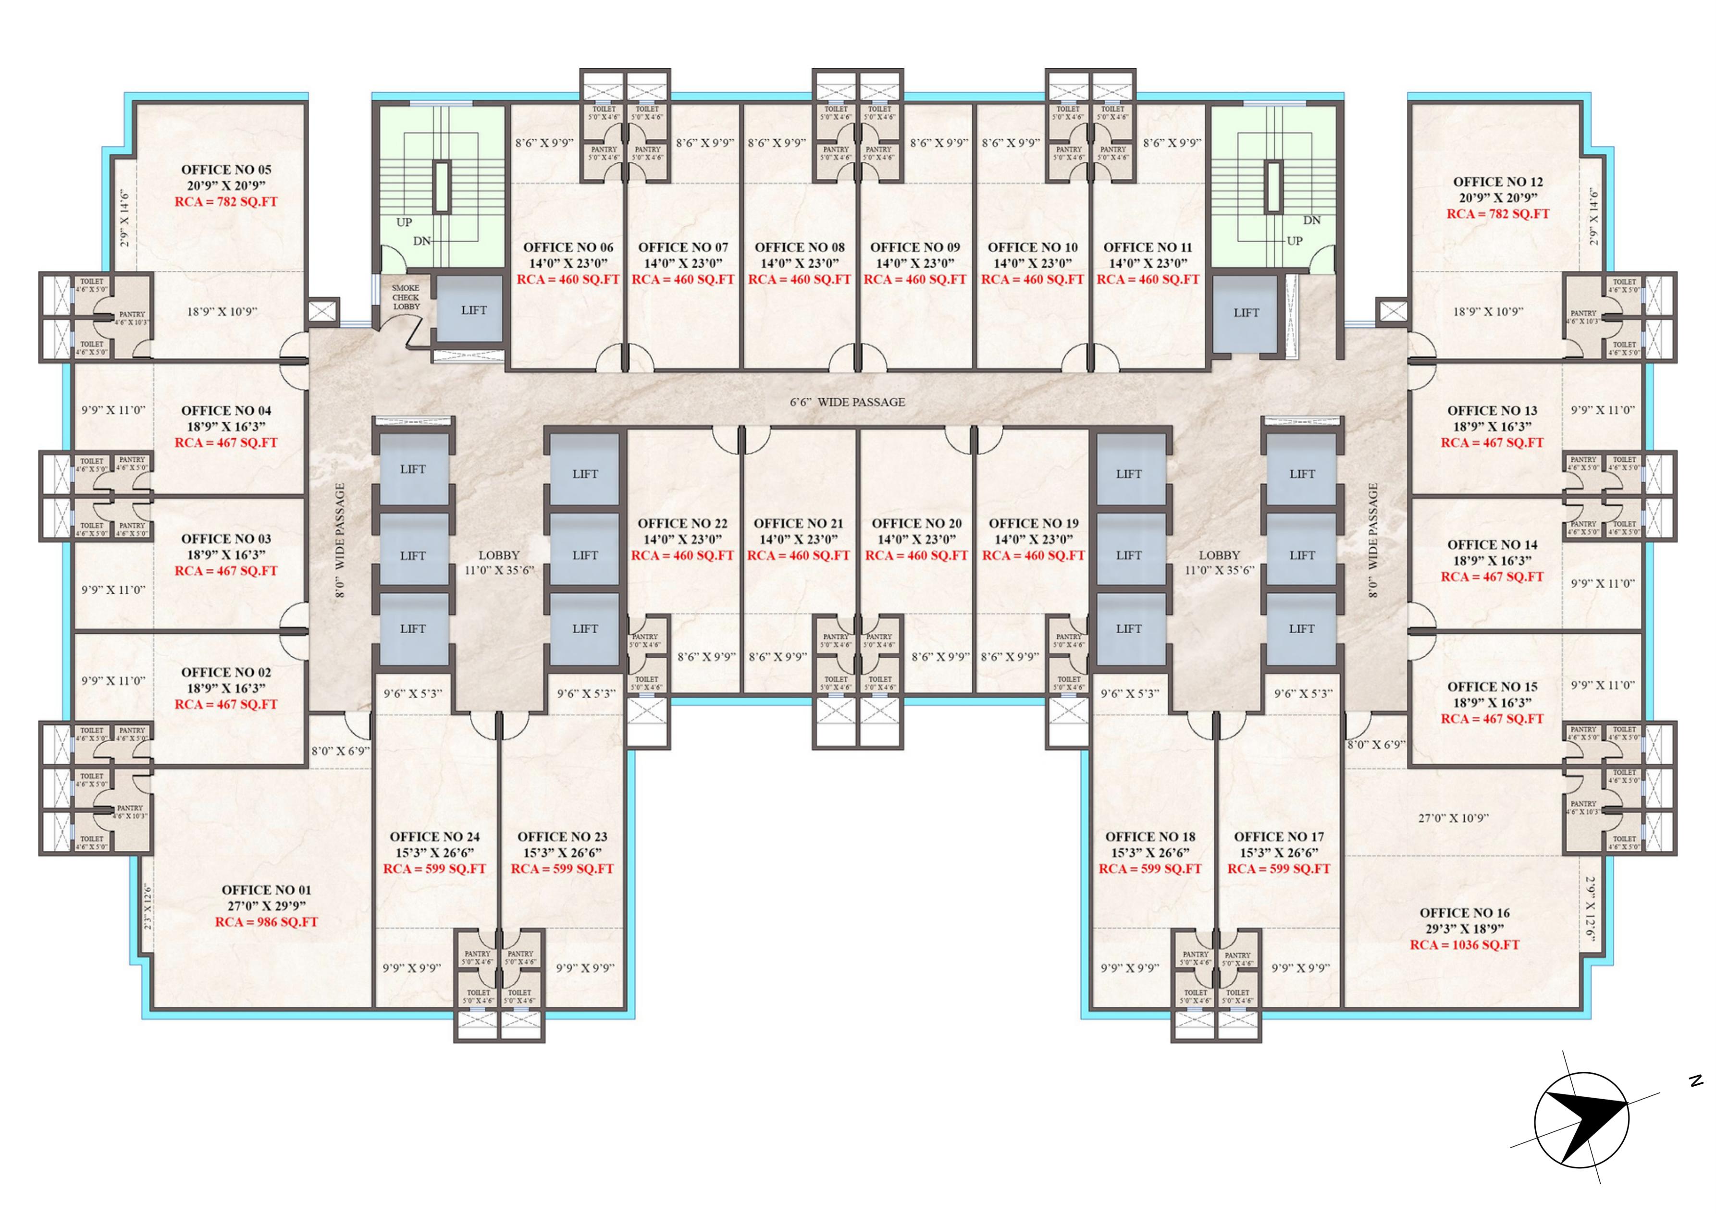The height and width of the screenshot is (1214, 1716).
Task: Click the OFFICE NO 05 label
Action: [226, 170]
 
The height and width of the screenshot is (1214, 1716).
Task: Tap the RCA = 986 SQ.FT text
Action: [266, 922]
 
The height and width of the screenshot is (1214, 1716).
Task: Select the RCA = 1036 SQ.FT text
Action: [1464, 945]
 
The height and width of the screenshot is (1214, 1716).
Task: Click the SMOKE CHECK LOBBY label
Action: [406, 297]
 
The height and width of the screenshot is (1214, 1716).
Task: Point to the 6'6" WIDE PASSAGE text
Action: [847, 402]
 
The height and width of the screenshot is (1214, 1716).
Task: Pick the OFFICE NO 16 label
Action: [1464, 913]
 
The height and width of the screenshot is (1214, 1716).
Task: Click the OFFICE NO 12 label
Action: [1498, 182]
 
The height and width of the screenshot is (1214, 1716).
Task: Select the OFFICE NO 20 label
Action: [917, 523]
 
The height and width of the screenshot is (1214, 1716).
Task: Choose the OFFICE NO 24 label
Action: [434, 837]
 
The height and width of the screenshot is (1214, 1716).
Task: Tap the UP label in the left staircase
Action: [404, 222]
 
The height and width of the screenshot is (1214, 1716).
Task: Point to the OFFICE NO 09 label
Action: [915, 247]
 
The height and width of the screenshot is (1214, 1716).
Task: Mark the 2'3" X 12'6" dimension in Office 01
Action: [148, 907]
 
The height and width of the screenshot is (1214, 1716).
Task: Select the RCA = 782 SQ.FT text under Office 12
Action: [1498, 214]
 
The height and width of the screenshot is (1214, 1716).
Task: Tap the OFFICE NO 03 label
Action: [226, 539]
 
